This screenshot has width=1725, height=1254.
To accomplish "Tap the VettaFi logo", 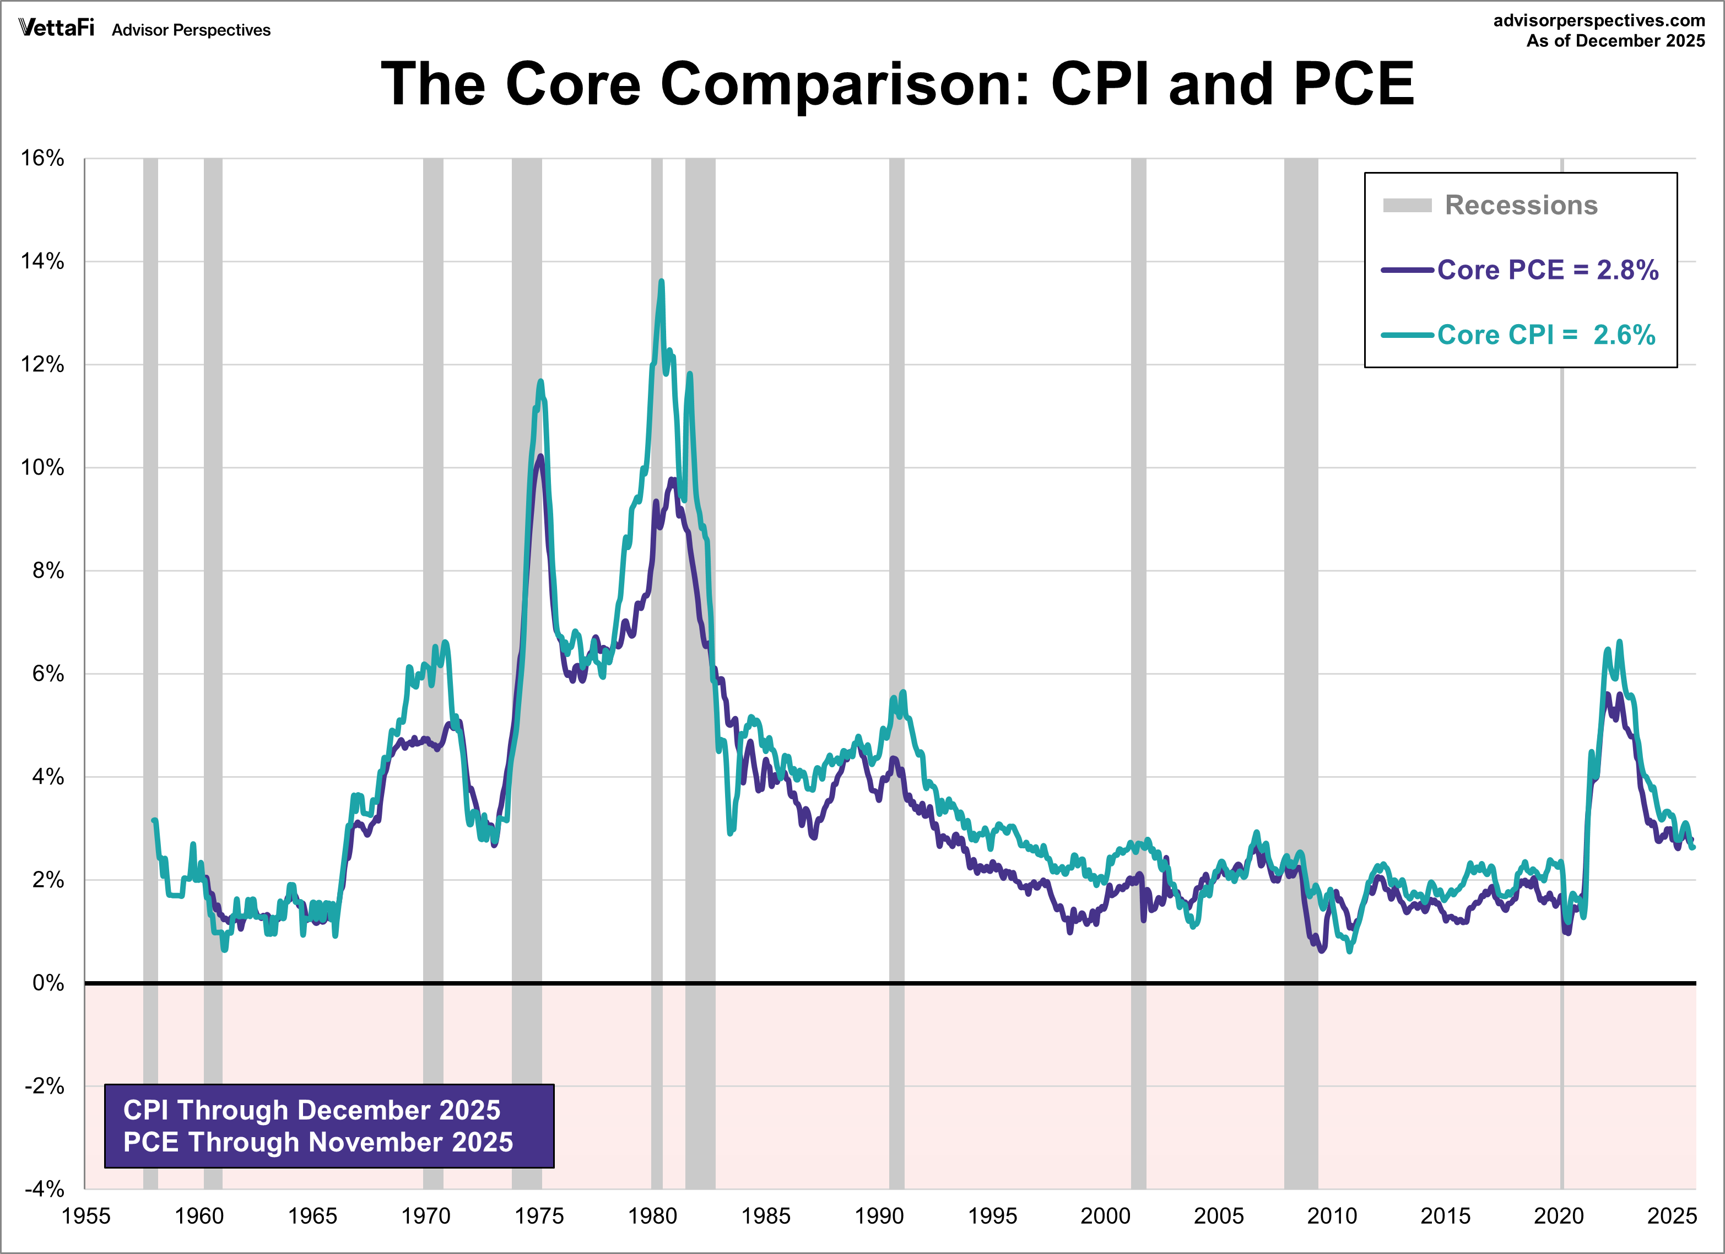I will tap(56, 28).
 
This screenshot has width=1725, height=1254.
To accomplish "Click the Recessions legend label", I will tap(1521, 206).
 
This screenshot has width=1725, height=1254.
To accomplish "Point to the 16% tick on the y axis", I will tap(42, 158).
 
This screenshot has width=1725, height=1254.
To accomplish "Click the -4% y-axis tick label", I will tap(44, 1188).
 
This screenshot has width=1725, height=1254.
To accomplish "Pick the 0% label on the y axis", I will tap(48, 983).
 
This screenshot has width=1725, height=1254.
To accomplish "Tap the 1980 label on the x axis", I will tap(652, 1216).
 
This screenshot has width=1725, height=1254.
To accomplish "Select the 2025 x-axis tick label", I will tap(1671, 1216).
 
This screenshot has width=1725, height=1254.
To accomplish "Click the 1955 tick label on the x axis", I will tap(86, 1216).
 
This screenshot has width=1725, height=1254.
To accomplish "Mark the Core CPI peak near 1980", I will tap(661, 282).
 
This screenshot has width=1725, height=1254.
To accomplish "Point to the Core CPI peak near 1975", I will tap(541, 381).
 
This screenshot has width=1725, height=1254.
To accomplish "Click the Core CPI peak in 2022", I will tap(1619, 642).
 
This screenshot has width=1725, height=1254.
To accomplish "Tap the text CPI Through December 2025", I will tap(312, 1110).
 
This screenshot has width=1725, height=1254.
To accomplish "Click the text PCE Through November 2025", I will tap(318, 1142).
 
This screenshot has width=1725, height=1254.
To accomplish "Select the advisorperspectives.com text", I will tap(1599, 20).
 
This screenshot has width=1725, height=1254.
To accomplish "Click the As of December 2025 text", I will tap(1615, 41).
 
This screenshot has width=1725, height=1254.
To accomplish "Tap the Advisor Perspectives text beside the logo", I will tap(191, 30).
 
